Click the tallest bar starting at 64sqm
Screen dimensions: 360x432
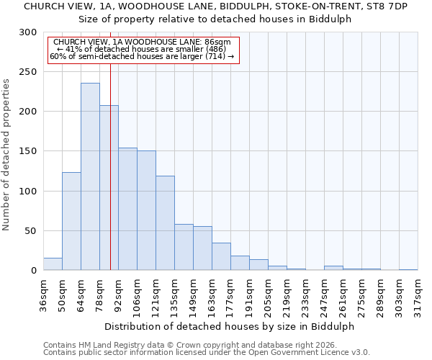(x=90, y=176)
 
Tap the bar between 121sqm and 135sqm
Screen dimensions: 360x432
(x=165, y=223)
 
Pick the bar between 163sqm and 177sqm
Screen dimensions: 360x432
(x=221, y=256)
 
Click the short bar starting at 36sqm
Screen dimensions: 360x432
(x=53, y=264)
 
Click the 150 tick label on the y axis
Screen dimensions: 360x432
(x=29, y=152)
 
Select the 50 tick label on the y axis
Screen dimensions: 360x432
(x=32, y=231)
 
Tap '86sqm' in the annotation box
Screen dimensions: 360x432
(x=216, y=42)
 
